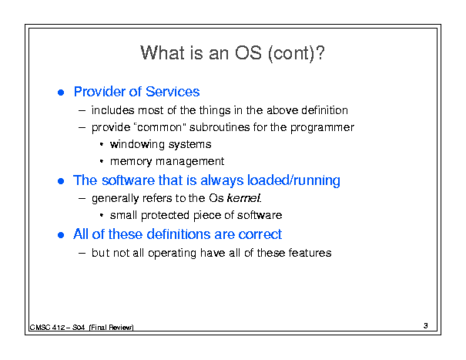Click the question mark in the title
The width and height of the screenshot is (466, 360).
(320, 53)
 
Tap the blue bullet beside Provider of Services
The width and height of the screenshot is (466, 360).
(61, 93)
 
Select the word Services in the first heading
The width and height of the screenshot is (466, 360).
(173, 91)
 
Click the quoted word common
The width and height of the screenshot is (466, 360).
(160, 127)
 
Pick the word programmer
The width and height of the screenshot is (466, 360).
(322, 128)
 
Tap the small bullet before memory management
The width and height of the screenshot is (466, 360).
(102, 161)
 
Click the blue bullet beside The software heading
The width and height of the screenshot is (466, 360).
(61, 181)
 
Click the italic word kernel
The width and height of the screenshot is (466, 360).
(244, 198)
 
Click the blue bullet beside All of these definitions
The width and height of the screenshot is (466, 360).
(61, 235)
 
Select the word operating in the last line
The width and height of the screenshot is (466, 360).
(172, 254)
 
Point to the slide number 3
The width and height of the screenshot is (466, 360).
(426, 326)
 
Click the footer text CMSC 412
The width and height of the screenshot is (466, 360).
(47, 328)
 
